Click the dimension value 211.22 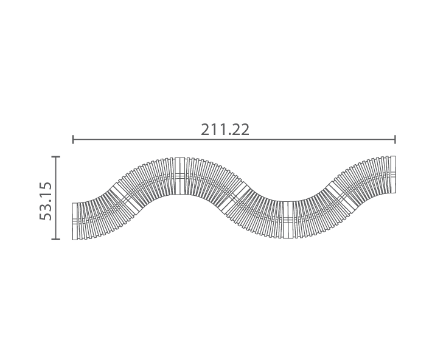point(225,130)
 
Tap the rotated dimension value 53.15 point(46,201)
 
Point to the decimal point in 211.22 point(227,135)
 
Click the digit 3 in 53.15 point(46,207)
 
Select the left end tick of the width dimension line point(73,139)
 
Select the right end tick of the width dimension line point(395,139)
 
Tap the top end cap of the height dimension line point(55,156)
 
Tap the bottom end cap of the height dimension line point(55,239)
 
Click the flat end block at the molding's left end point(75,221)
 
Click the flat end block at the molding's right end point(393,175)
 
